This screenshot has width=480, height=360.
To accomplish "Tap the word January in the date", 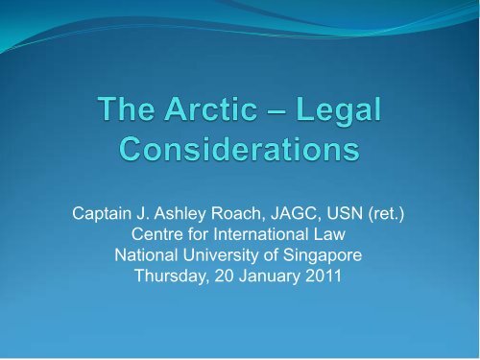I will pyautogui.click(x=274, y=275).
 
